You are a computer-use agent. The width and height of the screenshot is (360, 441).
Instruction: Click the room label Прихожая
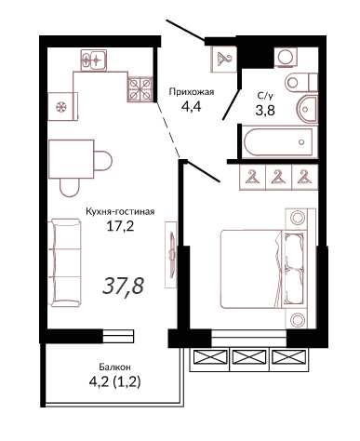tap(192, 92)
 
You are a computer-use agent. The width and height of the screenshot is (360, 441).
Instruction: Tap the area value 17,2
tap(120, 227)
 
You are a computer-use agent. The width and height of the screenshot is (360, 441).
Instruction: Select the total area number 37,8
tap(123, 286)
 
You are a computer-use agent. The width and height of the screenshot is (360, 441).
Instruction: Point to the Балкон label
tap(114, 367)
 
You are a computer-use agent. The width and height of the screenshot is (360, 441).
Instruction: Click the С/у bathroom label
tap(265, 96)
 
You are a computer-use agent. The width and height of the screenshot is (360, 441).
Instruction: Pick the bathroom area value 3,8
tap(265, 110)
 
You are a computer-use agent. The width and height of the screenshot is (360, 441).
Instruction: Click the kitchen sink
tap(94, 60)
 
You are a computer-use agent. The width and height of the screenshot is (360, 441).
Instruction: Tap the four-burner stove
tap(140, 89)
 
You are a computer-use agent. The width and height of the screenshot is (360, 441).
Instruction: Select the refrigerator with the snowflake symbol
tap(62, 106)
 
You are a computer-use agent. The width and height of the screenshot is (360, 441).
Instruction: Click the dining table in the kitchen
tap(72, 159)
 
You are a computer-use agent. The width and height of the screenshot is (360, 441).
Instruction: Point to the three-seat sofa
tap(65, 262)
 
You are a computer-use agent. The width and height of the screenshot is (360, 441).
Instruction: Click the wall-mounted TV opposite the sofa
tap(171, 254)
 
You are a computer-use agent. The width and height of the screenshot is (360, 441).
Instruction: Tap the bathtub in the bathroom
tap(278, 142)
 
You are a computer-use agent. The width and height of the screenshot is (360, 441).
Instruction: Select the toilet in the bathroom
tap(301, 83)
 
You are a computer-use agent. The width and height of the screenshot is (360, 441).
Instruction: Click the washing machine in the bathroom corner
tap(286, 57)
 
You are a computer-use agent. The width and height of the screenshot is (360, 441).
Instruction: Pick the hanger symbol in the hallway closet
tap(224, 59)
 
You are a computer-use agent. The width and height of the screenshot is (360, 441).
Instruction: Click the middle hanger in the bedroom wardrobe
tap(279, 177)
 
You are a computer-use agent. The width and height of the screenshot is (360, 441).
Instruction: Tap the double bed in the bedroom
tap(263, 269)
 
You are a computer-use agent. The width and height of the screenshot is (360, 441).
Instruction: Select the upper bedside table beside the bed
tap(297, 219)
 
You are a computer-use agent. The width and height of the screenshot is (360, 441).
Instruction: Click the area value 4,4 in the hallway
tap(192, 107)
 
